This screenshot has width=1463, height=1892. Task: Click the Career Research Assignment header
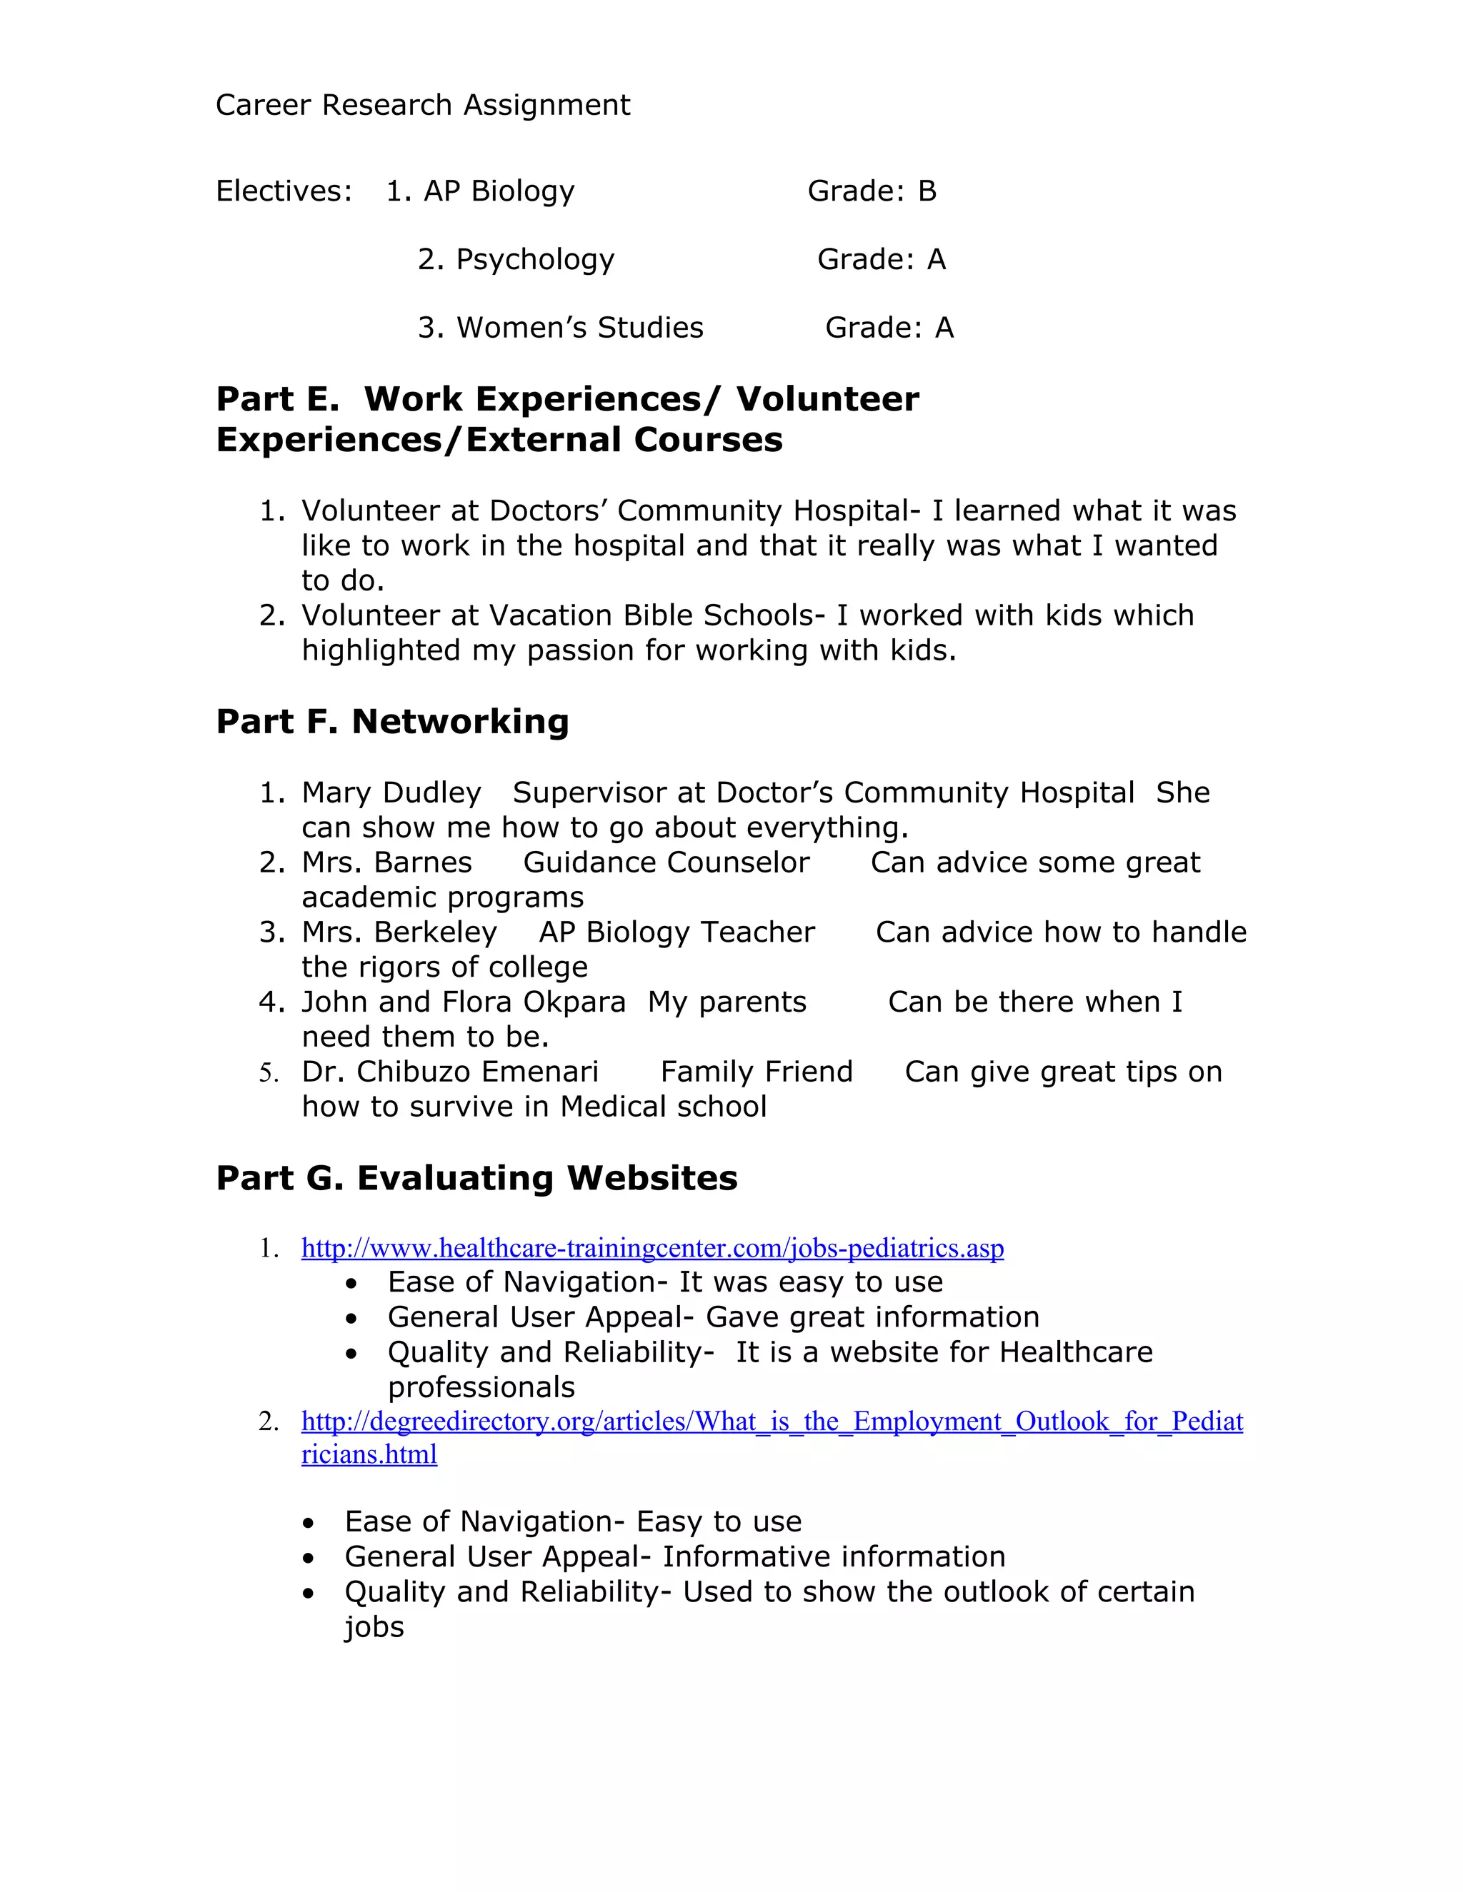pyautogui.click(x=422, y=105)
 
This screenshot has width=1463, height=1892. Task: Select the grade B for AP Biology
pyautogui.click(x=927, y=191)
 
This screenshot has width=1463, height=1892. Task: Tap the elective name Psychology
pyautogui.click(x=535, y=259)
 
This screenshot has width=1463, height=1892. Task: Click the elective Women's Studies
pyautogui.click(x=580, y=328)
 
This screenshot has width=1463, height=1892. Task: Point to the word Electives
pyautogui.click(x=284, y=191)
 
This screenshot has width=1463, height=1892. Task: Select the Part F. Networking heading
pyautogui.click(x=391, y=721)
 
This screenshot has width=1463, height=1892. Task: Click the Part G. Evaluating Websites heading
pyautogui.click(x=476, y=1177)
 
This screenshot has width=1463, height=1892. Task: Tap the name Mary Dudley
pyautogui.click(x=391, y=792)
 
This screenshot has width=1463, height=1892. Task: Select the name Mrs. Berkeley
pyautogui.click(x=399, y=932)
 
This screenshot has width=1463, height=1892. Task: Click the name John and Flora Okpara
pyautogui.click(x=463, y=1002)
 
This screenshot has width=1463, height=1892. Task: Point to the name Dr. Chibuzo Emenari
pyautogui.click(x=450, y=1072)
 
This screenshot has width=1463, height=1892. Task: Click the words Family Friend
pyautogui.click(x=756, y=1072)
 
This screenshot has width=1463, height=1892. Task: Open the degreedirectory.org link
pyautogui.click(x=772, y=1421)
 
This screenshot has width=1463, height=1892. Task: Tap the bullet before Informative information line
pyautogui.click(x=309, y=1558)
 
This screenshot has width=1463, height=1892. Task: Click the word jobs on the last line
pyautogui.click(x=374, y=1627)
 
